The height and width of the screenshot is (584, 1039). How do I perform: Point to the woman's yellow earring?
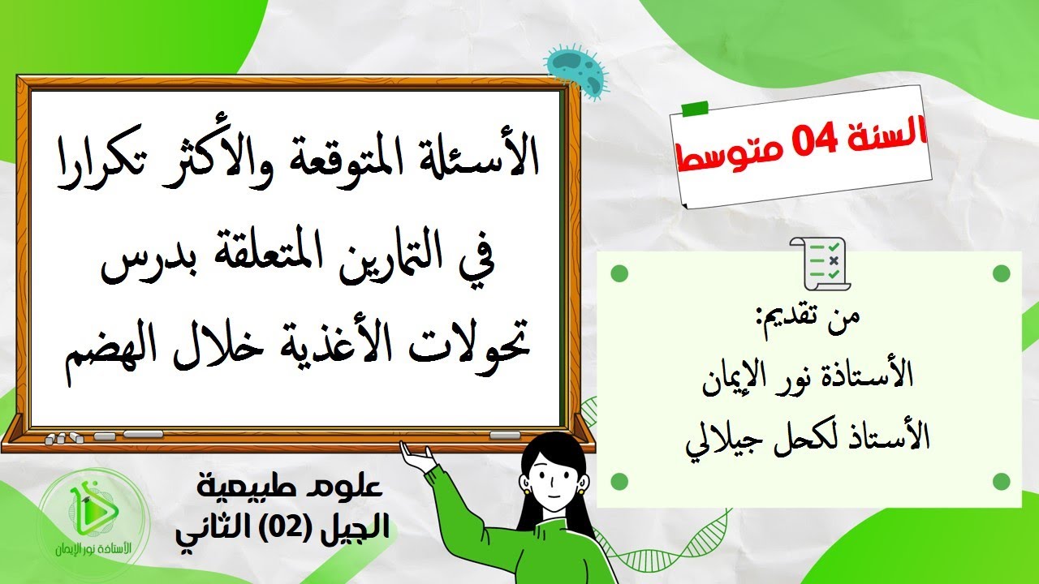pos(526,489)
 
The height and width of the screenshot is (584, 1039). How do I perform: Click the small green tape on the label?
pos(693,108)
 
